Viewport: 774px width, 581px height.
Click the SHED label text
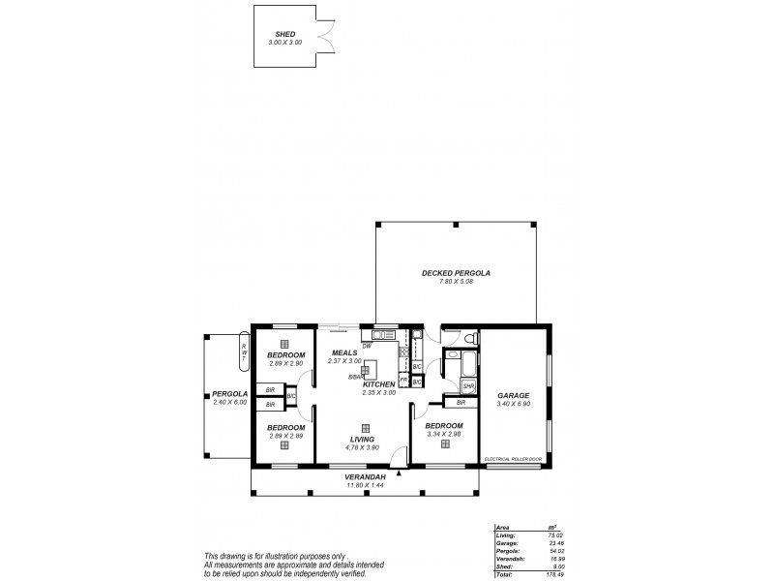[x=284, y=33]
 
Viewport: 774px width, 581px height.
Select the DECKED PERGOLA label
[x=456, y=273]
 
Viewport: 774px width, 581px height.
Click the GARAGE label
[x=513, y=396]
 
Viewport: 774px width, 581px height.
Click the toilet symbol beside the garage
[x=468, y=338]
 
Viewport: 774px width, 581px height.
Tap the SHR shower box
[x=468, y=385]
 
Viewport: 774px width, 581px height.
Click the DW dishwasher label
[x=367, y=346]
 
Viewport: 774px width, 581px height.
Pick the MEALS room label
[x=344, y=352]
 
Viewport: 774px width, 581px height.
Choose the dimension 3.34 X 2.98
[x=444, y=434]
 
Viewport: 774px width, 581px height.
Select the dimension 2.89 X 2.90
[x=285, y=363]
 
